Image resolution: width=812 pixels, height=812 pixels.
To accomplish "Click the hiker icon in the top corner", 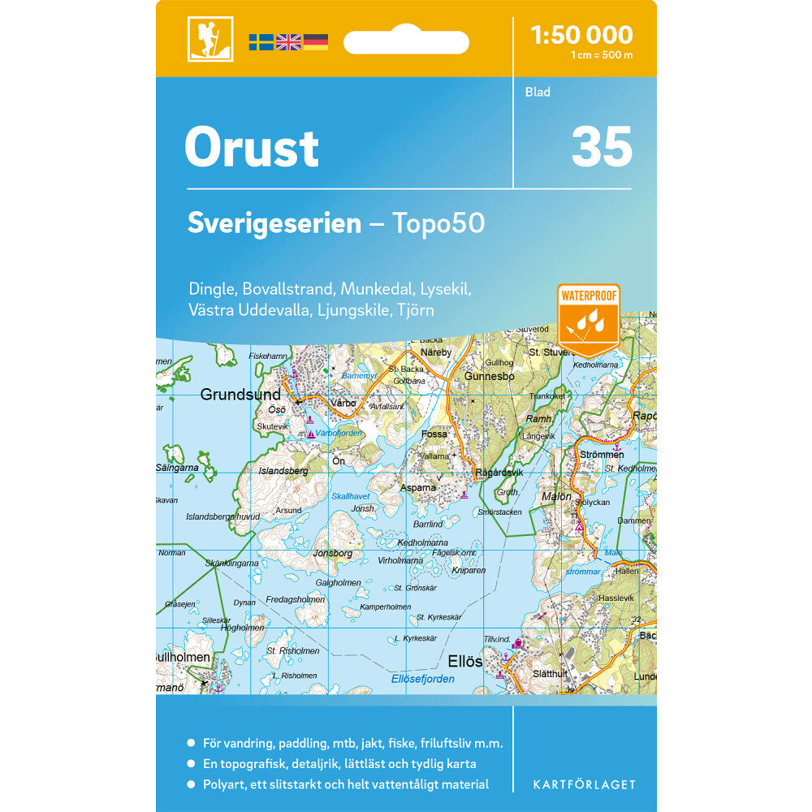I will coord(210,39).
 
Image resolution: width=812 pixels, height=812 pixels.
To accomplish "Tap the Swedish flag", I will coord(261,42).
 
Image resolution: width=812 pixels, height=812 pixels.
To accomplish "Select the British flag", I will coord(288,42).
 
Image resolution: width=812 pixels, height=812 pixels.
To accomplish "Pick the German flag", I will coord(316,42).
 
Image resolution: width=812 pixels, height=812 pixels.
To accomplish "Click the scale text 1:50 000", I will coord(581,35).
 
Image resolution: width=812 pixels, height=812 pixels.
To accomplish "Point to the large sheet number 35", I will coord(601,147).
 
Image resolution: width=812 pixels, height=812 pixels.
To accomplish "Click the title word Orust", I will coord(252,148).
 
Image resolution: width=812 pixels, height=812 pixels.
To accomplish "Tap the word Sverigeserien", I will coord(274,223).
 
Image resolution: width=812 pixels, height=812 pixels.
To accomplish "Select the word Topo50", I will coord(438,223).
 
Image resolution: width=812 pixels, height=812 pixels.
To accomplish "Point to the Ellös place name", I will coord(464,661).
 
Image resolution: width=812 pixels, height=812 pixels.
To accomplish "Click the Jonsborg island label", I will coord(333,553).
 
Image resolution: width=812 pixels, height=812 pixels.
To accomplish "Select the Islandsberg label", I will coord(283,470).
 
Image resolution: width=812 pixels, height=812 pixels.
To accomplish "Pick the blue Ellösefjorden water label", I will coord(422,679).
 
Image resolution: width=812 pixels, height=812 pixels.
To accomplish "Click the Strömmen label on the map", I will coord(602,454).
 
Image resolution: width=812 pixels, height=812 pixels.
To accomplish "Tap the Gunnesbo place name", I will coord(490,377).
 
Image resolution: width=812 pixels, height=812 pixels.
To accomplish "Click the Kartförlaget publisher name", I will coord(584,784).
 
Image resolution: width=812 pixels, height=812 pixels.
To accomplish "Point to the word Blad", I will coord(538,92).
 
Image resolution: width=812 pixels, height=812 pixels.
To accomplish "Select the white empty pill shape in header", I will coord(406,42).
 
